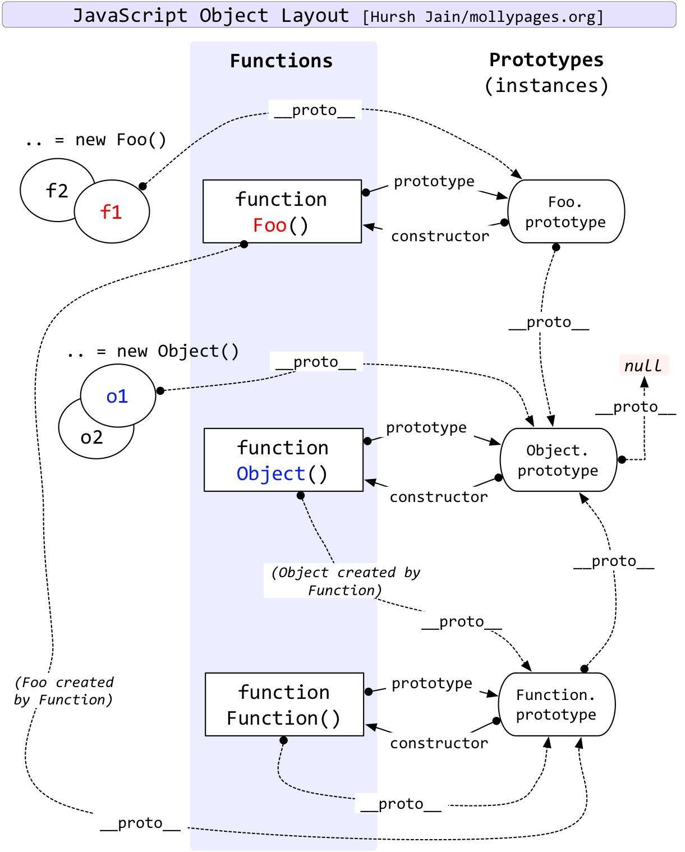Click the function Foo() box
[282, 211]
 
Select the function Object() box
[283, 460]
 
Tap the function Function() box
[284, 704]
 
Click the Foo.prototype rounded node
[566, 211]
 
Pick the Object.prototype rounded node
[558, 460]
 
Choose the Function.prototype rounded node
[556, 704]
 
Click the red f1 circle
[112, 212]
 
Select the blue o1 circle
[117, 397]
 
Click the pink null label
[643, 366]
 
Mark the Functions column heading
[281, 61]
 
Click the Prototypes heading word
[546, 59]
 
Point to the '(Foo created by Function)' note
[64, 691]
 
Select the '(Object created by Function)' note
[345, 581]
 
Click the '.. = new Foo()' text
[96, 140]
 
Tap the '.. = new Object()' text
[153, 351]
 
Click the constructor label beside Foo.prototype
[440, 236]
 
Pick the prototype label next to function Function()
[431, 683]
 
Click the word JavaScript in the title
[130, 16]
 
